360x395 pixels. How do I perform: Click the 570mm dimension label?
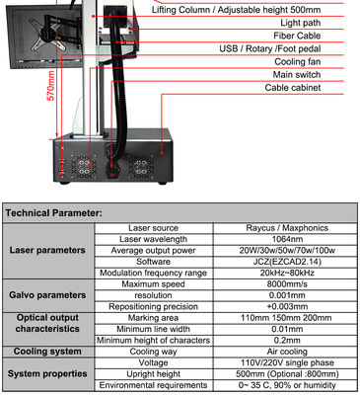(x=51, y=86)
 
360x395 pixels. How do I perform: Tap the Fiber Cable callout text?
(x=297, y=36)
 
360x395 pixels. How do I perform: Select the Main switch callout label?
(x=297, y=75)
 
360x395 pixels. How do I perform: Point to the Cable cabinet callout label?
(x=293, y=88)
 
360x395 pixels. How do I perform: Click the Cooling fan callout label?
(x=298, y=61)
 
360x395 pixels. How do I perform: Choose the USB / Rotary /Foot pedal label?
(x=270, y=48)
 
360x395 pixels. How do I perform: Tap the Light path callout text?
(x=301, y=23)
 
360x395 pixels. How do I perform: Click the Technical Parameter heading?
(x=53, y=213)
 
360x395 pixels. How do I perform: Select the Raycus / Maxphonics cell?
(x=287, y=228)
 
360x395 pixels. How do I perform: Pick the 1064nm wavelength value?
(x=287, y=239)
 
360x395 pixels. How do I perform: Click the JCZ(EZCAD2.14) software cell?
(x=287, y=262)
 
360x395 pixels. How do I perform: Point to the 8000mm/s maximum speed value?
(x=287, y=284)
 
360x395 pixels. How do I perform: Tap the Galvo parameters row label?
(x=47, y=295)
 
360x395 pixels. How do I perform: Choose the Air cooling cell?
(x=287, y=352)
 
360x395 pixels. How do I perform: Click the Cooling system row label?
(x=47, y=352)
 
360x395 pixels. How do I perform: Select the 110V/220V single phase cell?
(x=287, y=362)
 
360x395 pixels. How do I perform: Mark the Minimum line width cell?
(x=153, y=329)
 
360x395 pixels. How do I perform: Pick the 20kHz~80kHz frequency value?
(x=287, y=273)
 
